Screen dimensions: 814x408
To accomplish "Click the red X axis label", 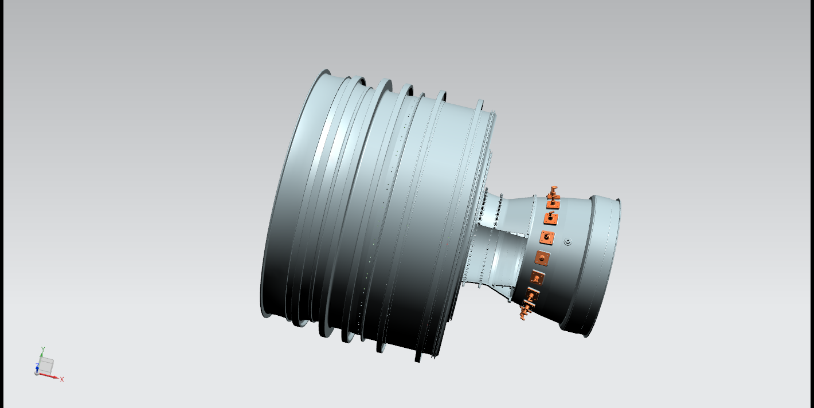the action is pos(62,379).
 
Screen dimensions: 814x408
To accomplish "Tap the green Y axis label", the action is pos(43,350).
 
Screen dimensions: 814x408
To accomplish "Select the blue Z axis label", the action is pos(37,366).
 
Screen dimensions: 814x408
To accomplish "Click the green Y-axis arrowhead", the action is pos(41,354).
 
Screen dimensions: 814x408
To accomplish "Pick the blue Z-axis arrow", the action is pos(37,370).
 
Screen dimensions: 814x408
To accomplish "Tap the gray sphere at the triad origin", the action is pos(37,373).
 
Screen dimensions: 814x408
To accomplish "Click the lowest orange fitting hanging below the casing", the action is pos(526,311).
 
